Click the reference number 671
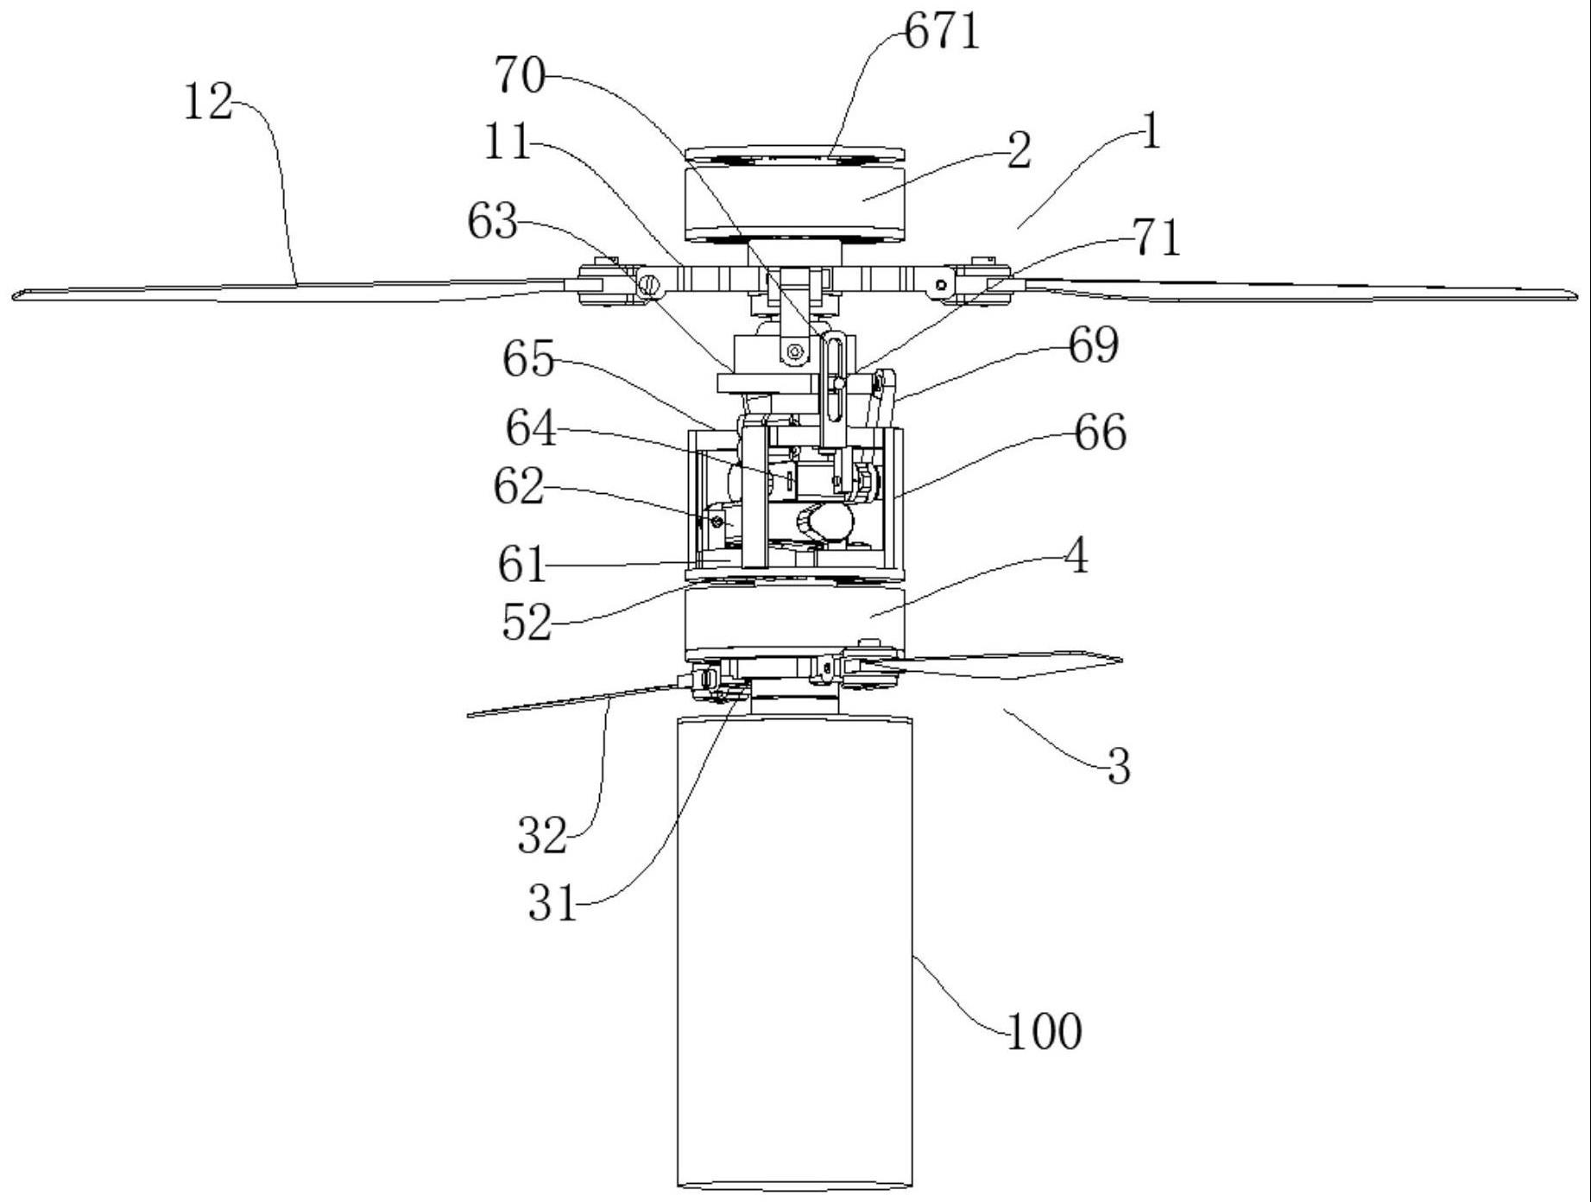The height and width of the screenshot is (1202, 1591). (x=943, y=33)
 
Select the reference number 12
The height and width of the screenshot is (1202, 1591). (x=208, y=104)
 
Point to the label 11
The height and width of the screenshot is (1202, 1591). (x=507, y=142)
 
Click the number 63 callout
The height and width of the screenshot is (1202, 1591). (x=492, y=222)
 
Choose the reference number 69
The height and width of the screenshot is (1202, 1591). (x=1093, y=345)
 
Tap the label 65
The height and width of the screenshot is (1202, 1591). (x=528, y=358)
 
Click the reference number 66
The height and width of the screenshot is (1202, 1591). (x=1101, y=433)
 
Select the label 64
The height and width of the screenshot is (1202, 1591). (x=530, y=428)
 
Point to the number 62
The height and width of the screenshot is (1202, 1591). (x=519, y=487)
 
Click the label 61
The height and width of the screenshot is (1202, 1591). (x=522, y=566)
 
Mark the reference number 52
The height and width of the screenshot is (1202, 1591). (x=527, y=622)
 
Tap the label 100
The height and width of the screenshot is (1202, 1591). (x=1045, y=1031)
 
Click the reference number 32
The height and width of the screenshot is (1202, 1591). (x=542, y=836)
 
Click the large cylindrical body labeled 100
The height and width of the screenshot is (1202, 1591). (x=794, y=950)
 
